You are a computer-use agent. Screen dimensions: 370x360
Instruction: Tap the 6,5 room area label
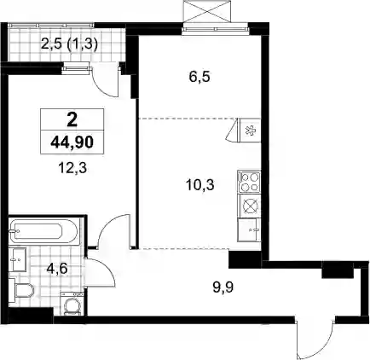click(x=199, y=77)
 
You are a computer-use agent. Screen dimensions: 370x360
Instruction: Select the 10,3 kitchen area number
click(x=200, y=185)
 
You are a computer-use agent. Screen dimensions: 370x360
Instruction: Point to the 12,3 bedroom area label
click(x=72, y=169)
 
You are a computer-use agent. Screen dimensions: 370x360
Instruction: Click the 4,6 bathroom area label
click(x=57, y=269)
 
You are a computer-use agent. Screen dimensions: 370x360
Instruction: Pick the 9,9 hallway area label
click(x=223, y=287)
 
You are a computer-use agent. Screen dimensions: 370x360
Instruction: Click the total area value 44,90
click(x=72, y=142)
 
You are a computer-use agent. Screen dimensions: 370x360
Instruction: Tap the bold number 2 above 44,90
click(x=72, y=120)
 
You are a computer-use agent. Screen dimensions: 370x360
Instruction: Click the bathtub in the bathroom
click(x=43, y=231)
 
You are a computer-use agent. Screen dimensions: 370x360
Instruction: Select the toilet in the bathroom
click(x=21, y=290)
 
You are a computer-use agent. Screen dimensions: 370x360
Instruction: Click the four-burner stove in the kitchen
click(x=249, y=182)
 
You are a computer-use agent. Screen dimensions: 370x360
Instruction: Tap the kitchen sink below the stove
click(x=249, y=230)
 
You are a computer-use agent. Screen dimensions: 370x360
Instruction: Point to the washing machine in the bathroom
click(x=72, y=304)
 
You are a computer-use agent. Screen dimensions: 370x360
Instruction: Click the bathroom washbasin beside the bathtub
click(x=18, y=259)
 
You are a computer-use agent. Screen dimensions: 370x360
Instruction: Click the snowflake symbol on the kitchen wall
click(x=251, y=131)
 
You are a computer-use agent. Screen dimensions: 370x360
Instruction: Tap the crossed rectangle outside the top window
click(x=207, y=11)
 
